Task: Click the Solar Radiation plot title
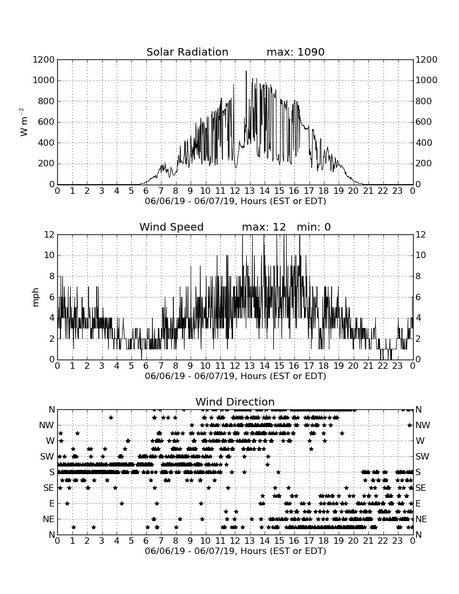(x=187, y=52)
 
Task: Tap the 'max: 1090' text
(x=295, y=52)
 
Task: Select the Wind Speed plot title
(x=172, y=227)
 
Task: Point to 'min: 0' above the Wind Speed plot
(x=314, y=227)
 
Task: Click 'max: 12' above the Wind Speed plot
(x=264, y=227)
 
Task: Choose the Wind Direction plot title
(x=235, y=402)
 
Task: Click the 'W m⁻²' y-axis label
(x=23, y=122)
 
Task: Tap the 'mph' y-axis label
(x=36, y=298)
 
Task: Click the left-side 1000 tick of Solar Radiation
(x=44, y=80)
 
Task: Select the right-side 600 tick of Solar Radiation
(x=424, y=122)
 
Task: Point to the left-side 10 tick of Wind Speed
(x=49, y=255)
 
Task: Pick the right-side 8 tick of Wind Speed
(x=418, y=276)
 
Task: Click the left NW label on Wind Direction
(x=47, y=426)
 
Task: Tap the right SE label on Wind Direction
(x=421, y=488)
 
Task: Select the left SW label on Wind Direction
(x=47, y=456)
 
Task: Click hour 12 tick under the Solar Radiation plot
(x=235, y=191)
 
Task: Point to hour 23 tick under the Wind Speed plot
(x=397, y=366)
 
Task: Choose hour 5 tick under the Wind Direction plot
(x=131, y=541)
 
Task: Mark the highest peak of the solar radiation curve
(x=246, y=71)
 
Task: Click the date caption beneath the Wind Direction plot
(x=235, y=551)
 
